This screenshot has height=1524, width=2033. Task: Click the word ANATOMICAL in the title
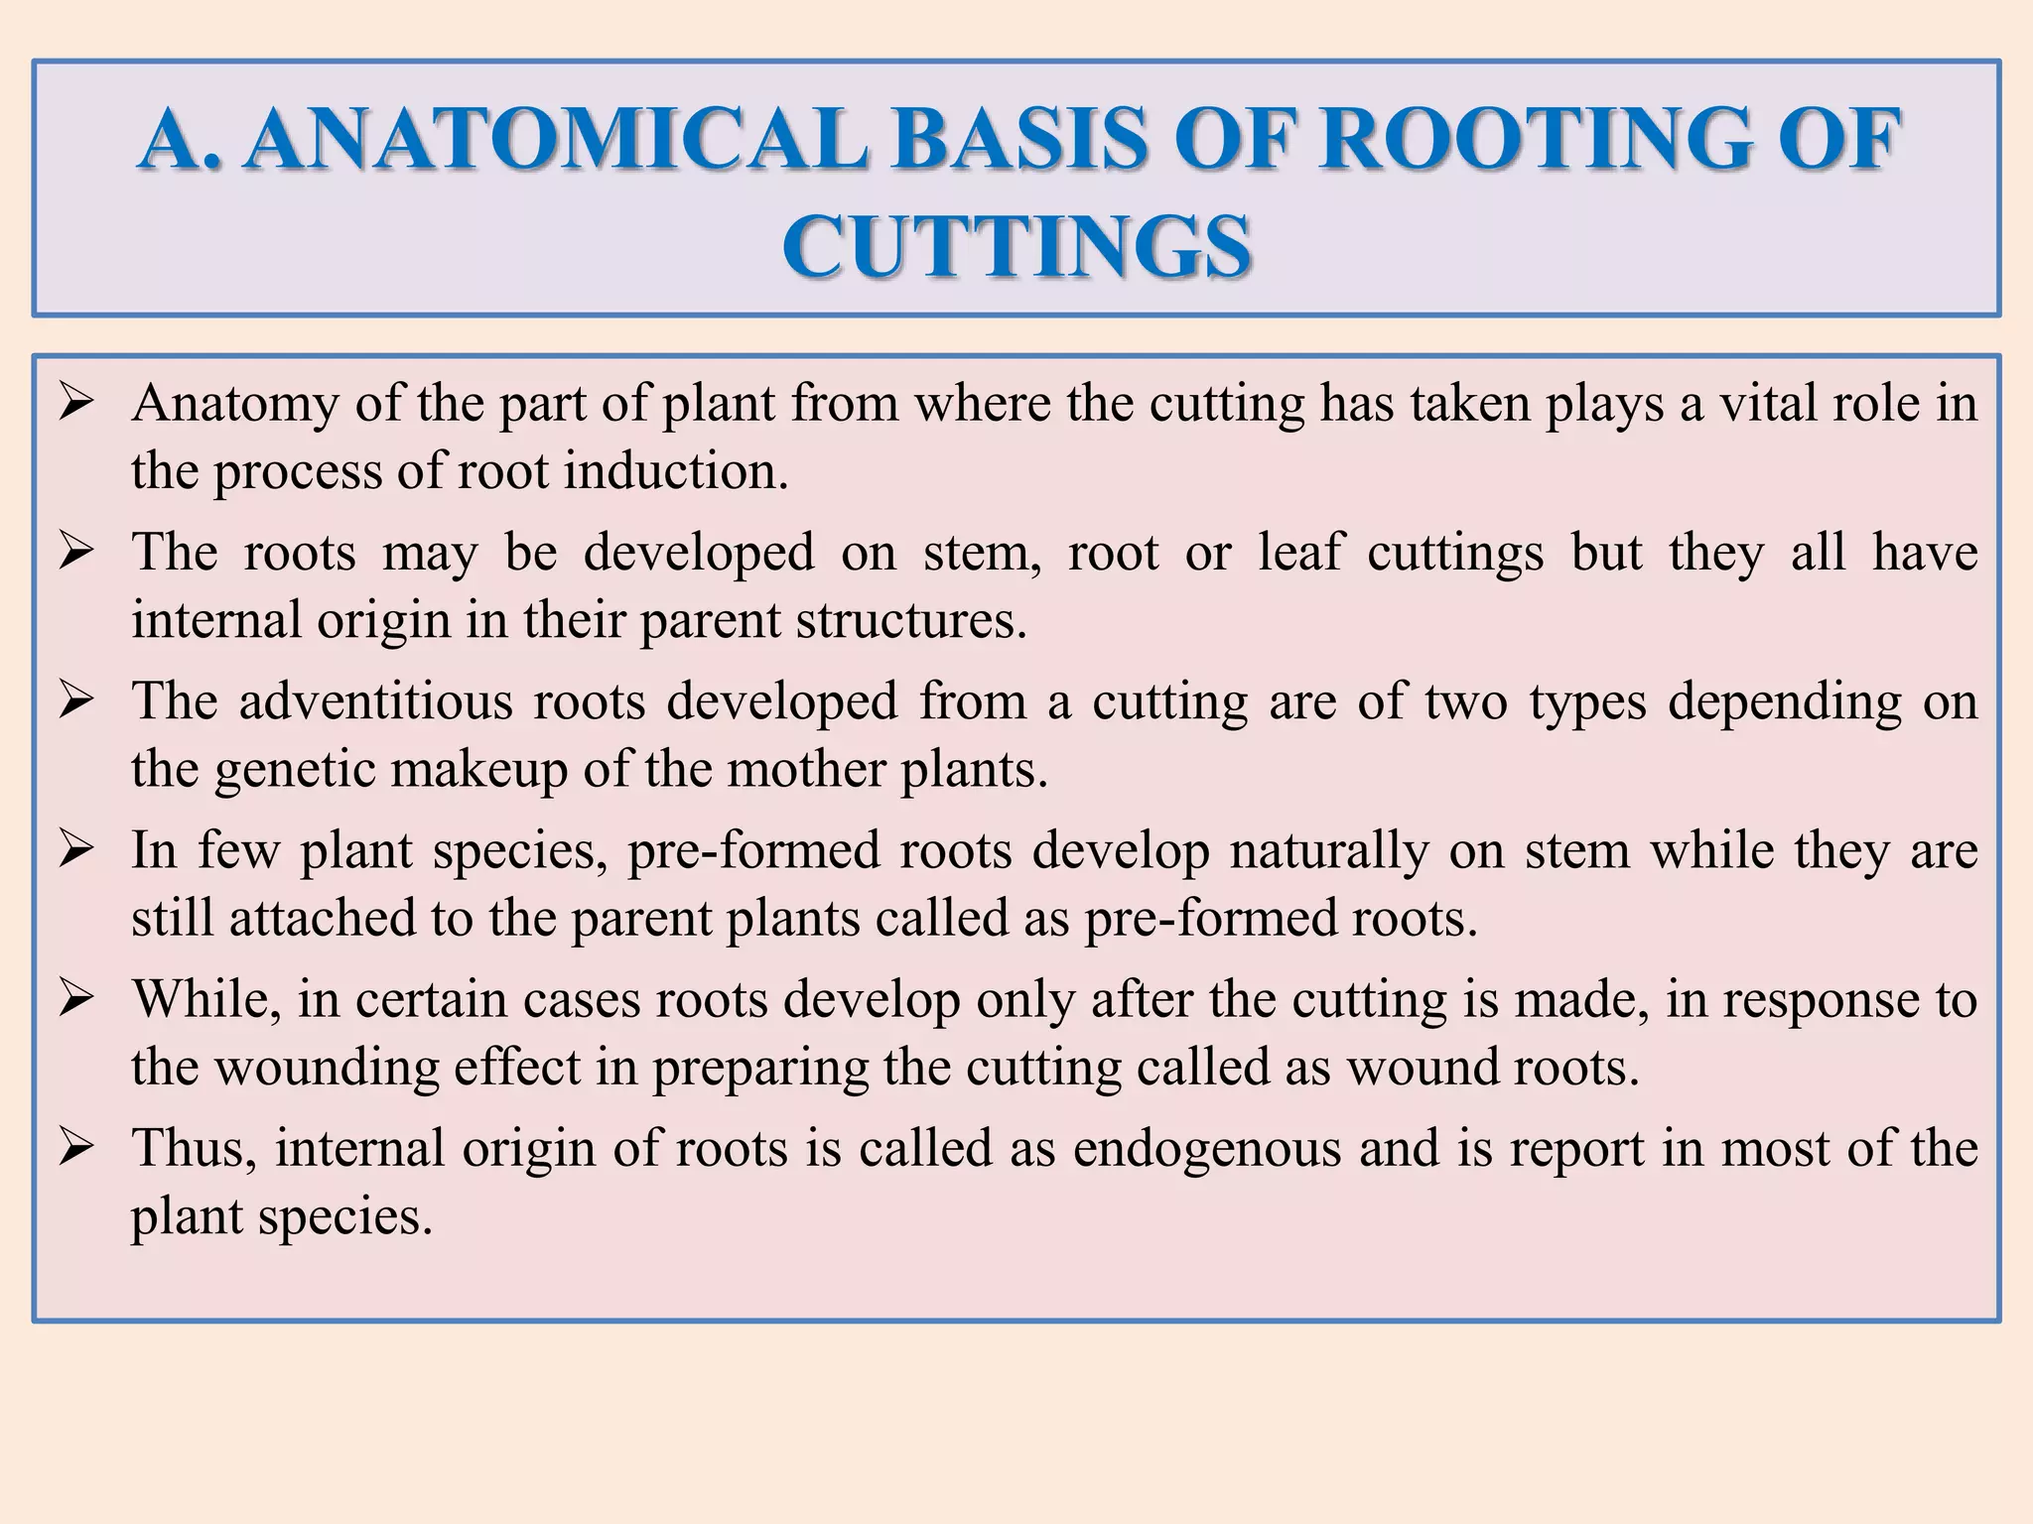point(556,140)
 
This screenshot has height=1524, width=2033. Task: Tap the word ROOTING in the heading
point(1532,140)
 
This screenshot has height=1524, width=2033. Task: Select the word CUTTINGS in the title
point(1016,247)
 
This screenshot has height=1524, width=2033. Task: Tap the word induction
point(676,470)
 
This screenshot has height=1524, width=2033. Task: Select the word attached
point(323,919)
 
